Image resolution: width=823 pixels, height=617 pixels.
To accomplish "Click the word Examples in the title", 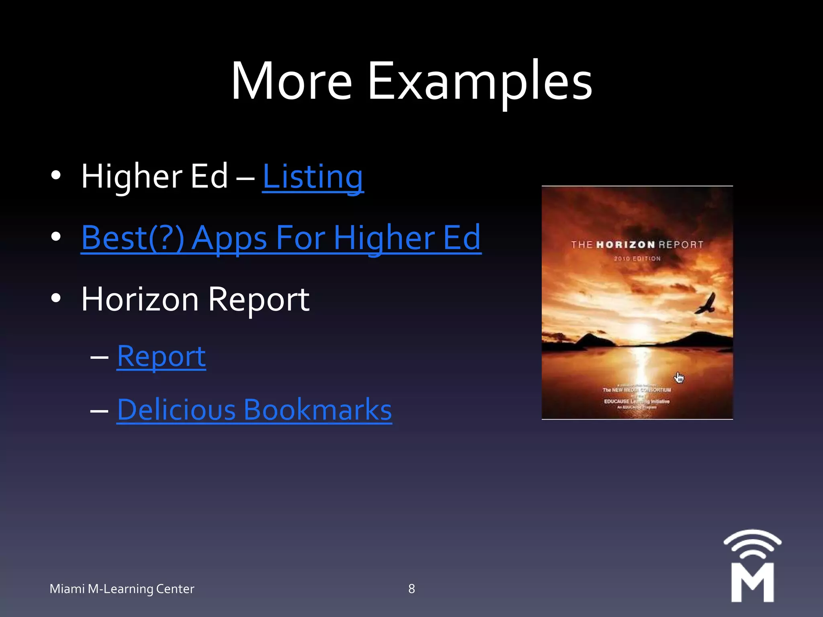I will coord(480,82).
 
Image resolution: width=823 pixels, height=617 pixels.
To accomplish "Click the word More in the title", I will coord(292,82).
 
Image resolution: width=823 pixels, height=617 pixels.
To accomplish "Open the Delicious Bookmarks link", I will coord(254,410).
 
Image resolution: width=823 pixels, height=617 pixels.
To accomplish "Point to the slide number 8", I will coord(411,588).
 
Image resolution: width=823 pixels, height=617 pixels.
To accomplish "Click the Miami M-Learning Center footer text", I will coord(122,589).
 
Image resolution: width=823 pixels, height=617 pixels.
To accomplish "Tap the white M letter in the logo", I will coord(752,582).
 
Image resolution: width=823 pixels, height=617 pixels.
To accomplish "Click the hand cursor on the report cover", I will coord(679,378).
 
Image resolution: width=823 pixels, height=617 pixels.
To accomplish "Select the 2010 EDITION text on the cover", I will coord(637,259).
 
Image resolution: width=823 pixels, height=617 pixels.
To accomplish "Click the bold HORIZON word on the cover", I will coord(625,245).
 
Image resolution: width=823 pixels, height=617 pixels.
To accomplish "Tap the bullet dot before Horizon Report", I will coord(56,298).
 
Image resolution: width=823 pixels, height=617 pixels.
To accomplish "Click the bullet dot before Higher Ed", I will coord(56,175).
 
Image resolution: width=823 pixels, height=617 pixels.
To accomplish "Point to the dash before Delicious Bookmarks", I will coord(99,411).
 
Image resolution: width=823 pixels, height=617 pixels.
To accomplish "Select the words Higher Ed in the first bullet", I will coord(155,177).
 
